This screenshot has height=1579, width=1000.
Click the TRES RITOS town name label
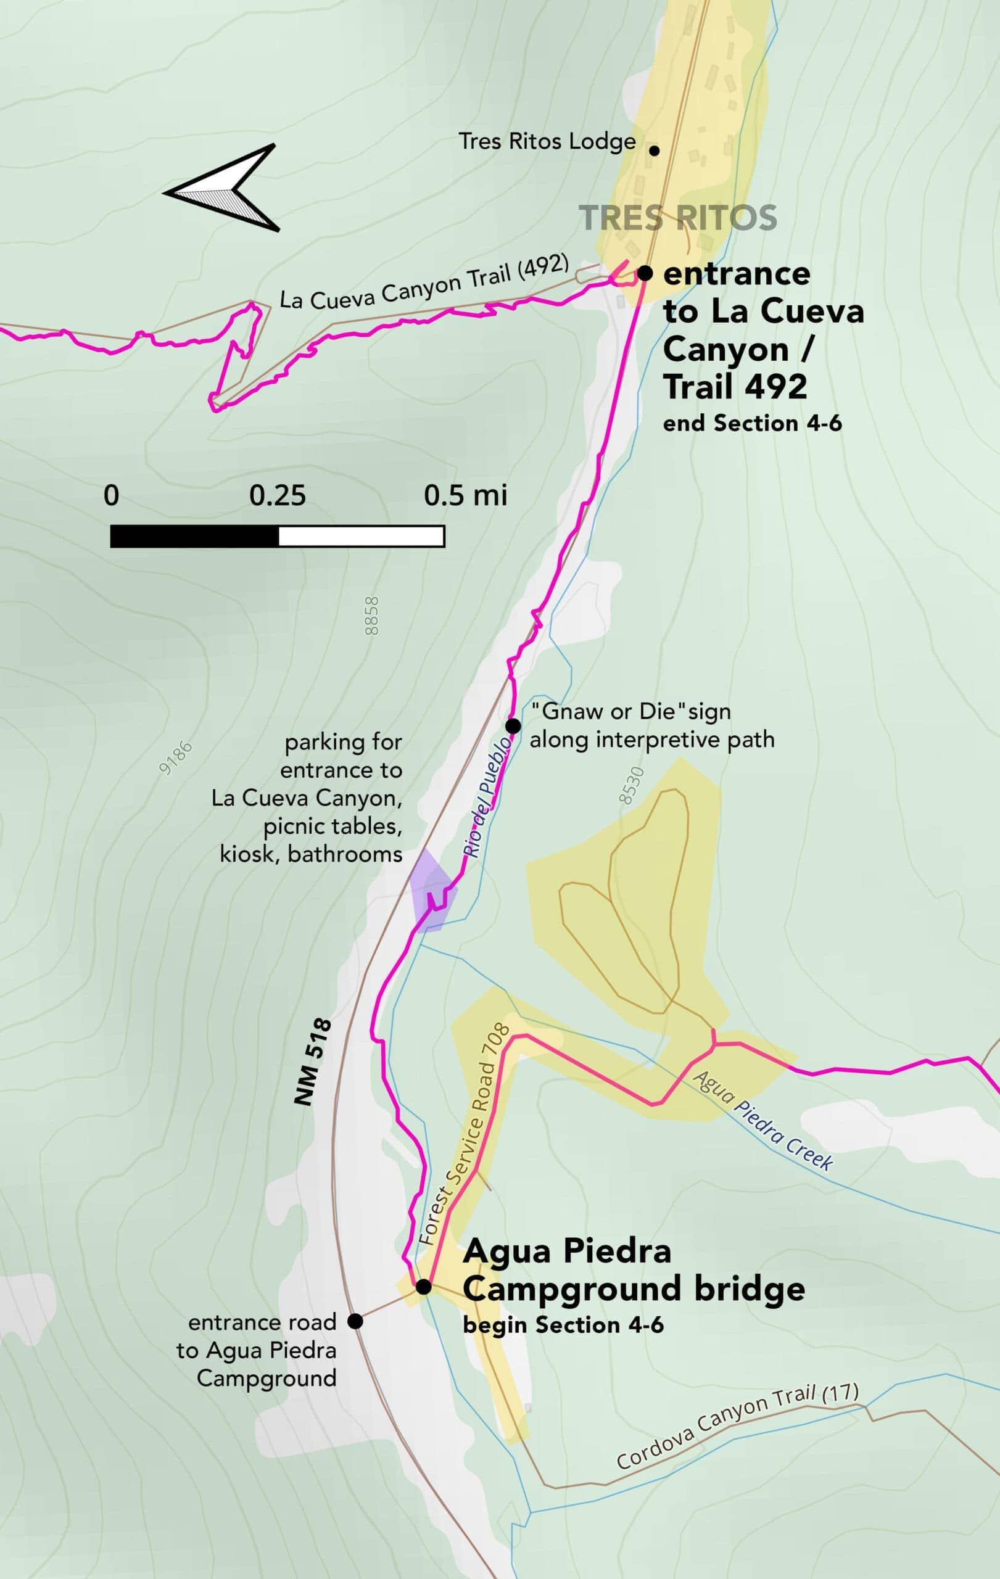point(678,218)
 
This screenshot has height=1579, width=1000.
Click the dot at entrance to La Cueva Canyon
point(645,273)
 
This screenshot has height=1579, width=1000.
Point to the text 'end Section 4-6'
point(751,424)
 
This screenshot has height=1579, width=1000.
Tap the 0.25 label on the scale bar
point(277,496)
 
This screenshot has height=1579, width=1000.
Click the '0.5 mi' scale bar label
point(465,496)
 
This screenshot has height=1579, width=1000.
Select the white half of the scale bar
point(362,536)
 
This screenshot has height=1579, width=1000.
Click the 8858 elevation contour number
point(372,615)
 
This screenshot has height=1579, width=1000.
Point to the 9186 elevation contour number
point(176,757)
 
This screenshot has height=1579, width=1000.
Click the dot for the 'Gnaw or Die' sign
point(513,726)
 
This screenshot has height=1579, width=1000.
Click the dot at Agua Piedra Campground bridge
point(424,1287)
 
